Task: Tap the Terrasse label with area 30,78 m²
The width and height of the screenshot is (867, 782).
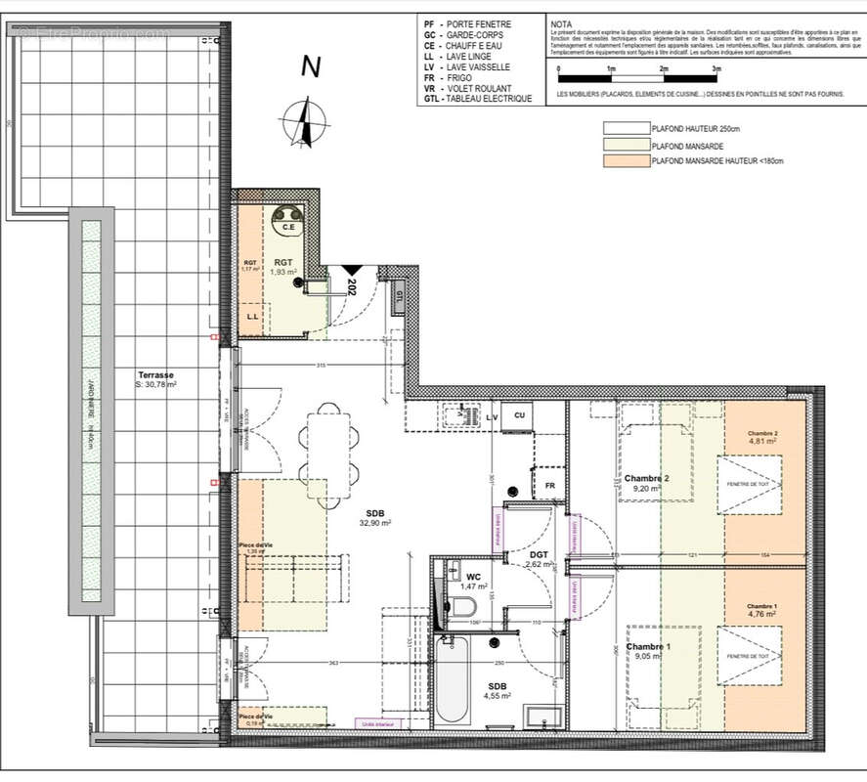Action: click(156, 379)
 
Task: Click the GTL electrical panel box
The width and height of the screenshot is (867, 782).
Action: click(399, 295)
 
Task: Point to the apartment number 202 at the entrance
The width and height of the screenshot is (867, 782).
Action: click(351, 286)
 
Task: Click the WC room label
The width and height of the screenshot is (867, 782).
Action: click(473, 577)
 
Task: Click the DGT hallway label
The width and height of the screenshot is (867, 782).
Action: click(539, 555)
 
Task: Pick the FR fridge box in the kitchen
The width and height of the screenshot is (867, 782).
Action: click(549, 485)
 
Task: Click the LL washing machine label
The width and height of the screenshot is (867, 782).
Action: click(252, 318)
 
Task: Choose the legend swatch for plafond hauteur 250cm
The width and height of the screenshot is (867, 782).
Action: click(626, 128)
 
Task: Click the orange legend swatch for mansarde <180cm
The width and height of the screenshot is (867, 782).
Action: click(626, 161)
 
